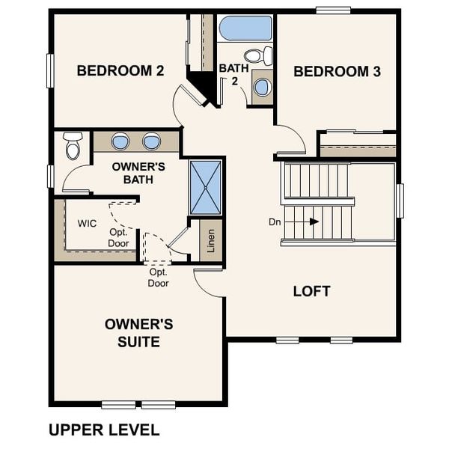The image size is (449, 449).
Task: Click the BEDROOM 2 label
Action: (120, 71)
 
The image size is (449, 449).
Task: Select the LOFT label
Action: (311, 291)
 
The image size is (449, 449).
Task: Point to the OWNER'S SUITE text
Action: (138, 333)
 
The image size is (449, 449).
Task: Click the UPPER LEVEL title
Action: (104, 430)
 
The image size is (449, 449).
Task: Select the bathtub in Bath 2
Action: (245, 28)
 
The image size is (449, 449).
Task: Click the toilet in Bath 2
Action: (258, 55)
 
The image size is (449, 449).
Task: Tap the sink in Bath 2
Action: (262, 87)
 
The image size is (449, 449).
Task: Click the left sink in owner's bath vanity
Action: (120, 141)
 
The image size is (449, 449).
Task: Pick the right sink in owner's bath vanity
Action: (151, 141)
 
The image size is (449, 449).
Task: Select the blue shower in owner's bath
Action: (204, 187)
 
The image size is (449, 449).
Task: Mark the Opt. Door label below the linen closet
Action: (158, 278)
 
